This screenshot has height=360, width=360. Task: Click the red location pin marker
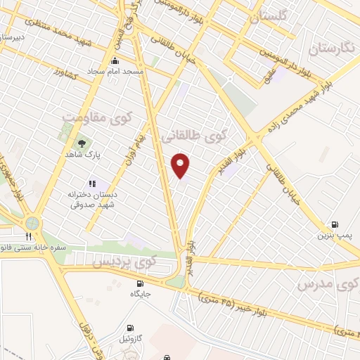[x=181, y=165]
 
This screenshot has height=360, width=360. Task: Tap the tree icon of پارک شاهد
[x=82, y=143]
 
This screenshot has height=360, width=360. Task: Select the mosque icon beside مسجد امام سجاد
[x=115, y=61]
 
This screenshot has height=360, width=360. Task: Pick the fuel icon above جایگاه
[x=139, y=283]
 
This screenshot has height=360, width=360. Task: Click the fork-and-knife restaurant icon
[x=29, y=236]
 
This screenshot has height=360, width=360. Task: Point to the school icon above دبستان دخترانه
[x=93, y=184]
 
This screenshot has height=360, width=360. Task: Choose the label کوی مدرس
[x=326, y=284]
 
